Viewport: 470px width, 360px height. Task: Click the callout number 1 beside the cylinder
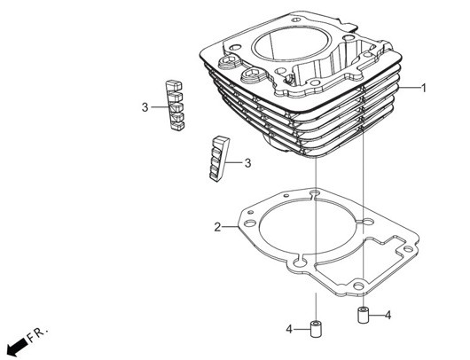[x=424, y=88]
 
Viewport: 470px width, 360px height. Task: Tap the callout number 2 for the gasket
[x=217, y=227]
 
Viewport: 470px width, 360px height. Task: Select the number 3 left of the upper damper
[x=145, y=107]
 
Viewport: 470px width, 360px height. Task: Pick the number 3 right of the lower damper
[x=247, y=163]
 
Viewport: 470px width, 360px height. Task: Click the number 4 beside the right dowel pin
[x=388, y=315]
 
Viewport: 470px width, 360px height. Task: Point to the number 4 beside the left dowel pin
[x=289, y=329]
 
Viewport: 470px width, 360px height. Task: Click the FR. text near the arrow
[x=37, y=335]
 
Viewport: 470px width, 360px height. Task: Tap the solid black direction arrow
[x=18, y=346]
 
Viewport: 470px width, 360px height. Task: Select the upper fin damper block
[x=175, y=106]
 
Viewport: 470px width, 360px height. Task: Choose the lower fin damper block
[x=218, y=160]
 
